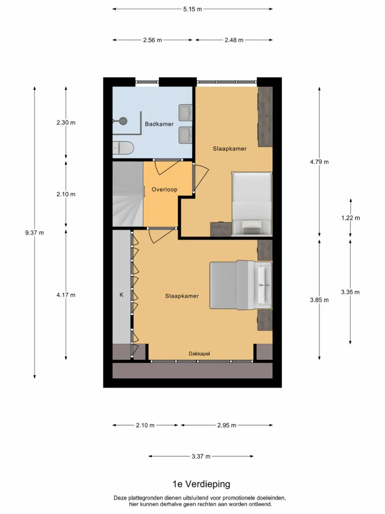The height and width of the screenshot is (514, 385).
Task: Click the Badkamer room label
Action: [159, 124]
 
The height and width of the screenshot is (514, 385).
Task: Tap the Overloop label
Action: [164, 190]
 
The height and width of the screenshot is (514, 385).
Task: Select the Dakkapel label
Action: [199, 354]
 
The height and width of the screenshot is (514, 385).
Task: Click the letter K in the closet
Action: [122, 295]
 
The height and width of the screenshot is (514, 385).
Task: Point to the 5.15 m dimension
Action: [192, 9]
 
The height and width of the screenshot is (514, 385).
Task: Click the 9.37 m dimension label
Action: [34, 233]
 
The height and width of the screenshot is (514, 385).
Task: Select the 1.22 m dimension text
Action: [351, 218]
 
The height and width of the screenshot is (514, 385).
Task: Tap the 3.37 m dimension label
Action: [201, 456]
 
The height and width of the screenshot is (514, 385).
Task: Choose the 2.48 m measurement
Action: [234, 40]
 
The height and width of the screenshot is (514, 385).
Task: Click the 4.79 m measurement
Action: [319, 162]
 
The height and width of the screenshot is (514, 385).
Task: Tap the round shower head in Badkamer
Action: [123, 120]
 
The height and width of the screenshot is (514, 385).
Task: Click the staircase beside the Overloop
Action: [127, 194]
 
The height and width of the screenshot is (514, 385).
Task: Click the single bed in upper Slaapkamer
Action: [252, 204]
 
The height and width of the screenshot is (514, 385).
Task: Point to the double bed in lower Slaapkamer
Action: [240, 285]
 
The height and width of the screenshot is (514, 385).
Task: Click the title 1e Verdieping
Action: [201, 484]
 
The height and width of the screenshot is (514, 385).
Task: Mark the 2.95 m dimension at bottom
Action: [227, 425]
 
